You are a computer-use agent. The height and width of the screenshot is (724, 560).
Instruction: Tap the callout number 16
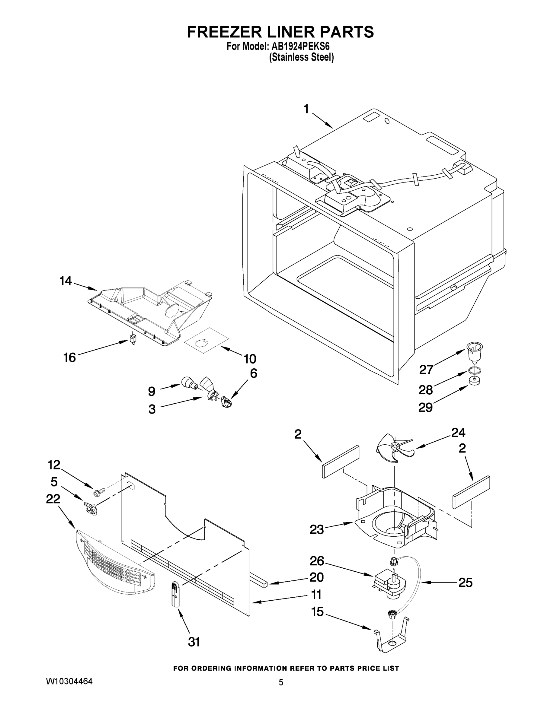(x=70, y=357)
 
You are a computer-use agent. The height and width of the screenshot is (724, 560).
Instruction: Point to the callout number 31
(x=194, y=643)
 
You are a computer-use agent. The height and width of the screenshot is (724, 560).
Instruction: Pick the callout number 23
(x=317, y=530)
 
